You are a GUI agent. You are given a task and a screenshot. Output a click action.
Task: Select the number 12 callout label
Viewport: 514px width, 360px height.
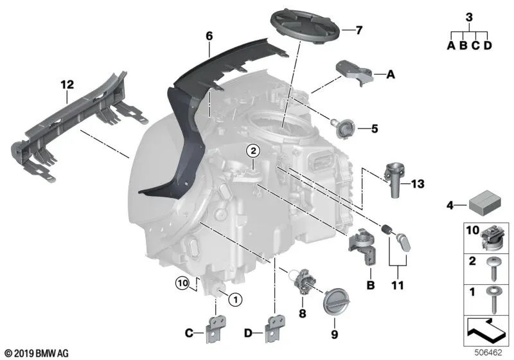tap(67, 84)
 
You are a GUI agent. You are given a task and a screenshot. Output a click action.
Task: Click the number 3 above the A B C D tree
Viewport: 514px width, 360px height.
tap(469, 17)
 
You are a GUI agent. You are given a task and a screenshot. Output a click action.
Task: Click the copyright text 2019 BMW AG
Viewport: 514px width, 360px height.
tap(37, 353)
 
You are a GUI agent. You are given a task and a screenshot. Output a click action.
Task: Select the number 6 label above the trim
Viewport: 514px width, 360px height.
tap(208, 37)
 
